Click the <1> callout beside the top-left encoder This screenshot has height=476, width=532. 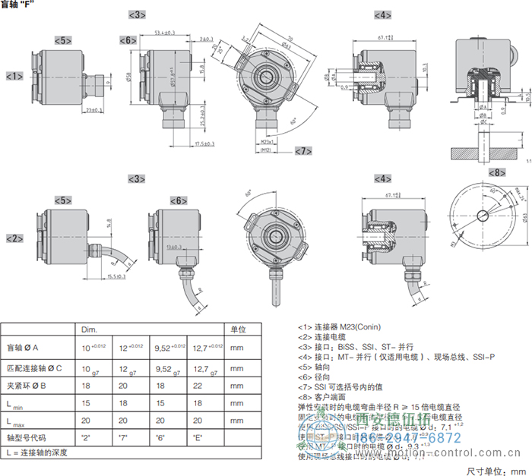pos(14,76)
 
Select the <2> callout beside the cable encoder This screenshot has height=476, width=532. pos(14,238)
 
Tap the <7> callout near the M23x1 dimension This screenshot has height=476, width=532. pos(303,151)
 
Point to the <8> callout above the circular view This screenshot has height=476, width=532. pos(496,173)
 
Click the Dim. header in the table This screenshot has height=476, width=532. pos(90,329)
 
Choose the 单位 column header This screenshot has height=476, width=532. pos(238,329)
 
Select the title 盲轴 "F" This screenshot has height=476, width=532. pos(17,5)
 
